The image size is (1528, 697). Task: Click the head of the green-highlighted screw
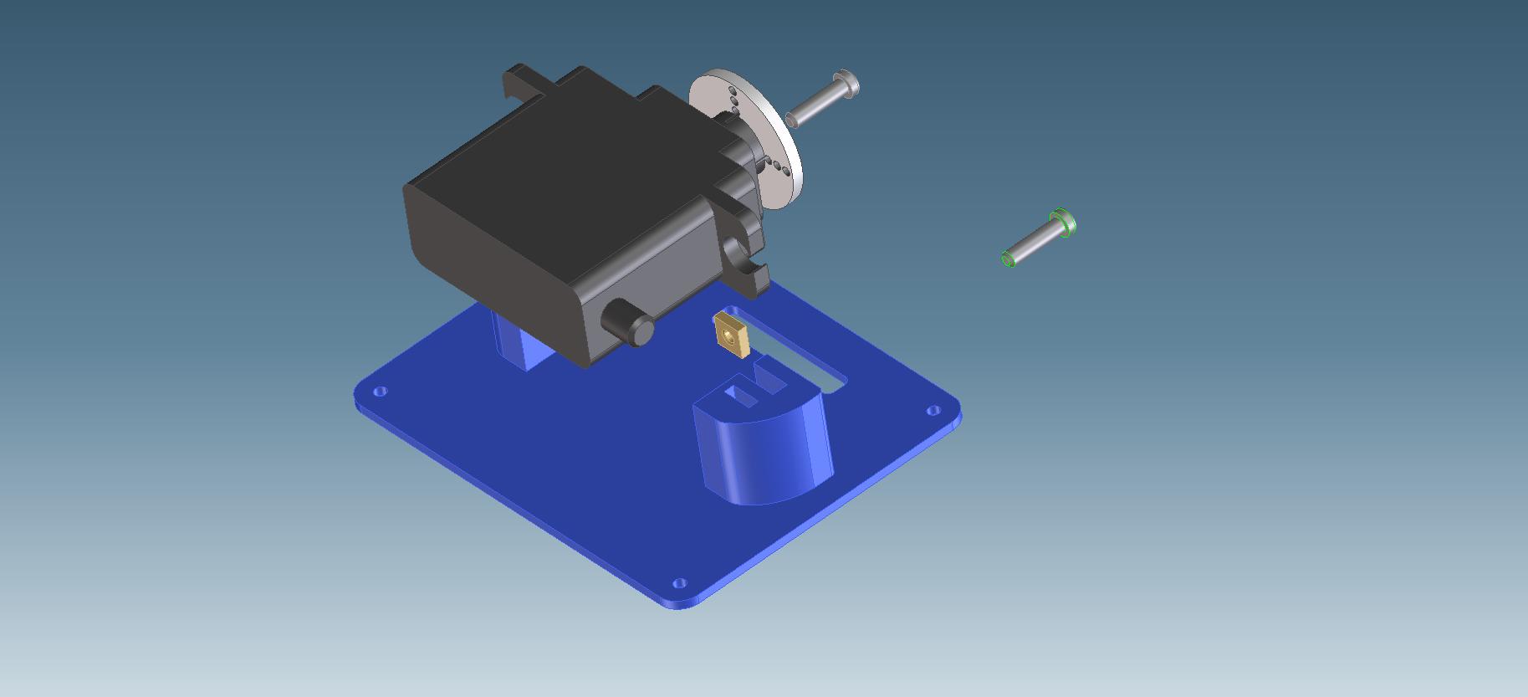pos(1064,223)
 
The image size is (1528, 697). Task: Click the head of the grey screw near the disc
pos(847,84)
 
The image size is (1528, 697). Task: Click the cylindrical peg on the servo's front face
pos(626,322)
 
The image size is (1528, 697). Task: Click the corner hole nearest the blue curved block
pos(934,410)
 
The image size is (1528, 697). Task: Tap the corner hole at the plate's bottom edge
pos(679,582)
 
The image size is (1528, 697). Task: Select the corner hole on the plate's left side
pos(381,391)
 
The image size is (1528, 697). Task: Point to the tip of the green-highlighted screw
pos(1009,259)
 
